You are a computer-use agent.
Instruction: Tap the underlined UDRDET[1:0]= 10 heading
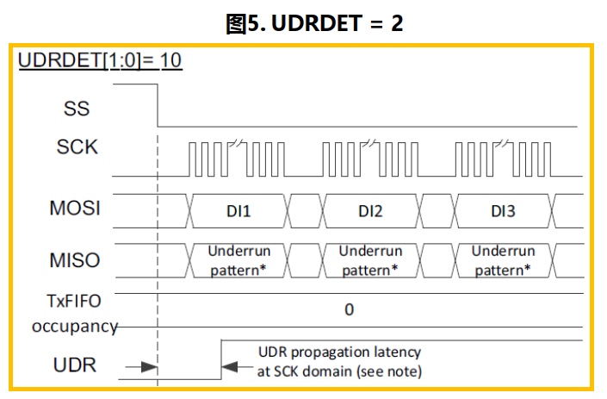click(x=99, y=62)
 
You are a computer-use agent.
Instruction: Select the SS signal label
click(x=77, y=109)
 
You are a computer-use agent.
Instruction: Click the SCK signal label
click(x=77, y=147)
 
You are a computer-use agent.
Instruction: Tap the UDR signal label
click(x=75, y=365)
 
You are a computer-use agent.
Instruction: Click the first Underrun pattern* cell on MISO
click(x=238, y=259)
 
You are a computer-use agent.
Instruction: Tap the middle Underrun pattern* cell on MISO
click(x=370, y=259)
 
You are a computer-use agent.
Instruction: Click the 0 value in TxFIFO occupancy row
click(x=349, y=309)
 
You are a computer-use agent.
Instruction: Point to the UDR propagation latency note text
click(x=339, y=361)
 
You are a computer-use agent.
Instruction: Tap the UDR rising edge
click(x=221, y=358)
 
